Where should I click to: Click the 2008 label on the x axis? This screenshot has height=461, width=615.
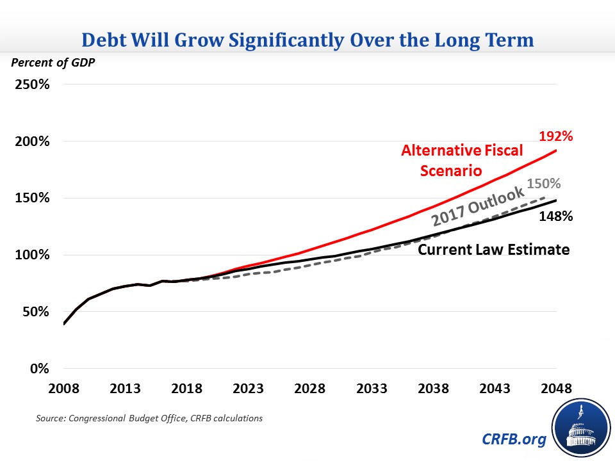pos(64,390)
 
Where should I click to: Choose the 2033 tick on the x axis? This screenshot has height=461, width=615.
pos(372,390)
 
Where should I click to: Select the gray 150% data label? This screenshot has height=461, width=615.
pos(544,184)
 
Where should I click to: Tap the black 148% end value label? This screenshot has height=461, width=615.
pos(555,216)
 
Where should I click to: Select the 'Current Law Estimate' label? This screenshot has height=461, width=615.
pos(493,250)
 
